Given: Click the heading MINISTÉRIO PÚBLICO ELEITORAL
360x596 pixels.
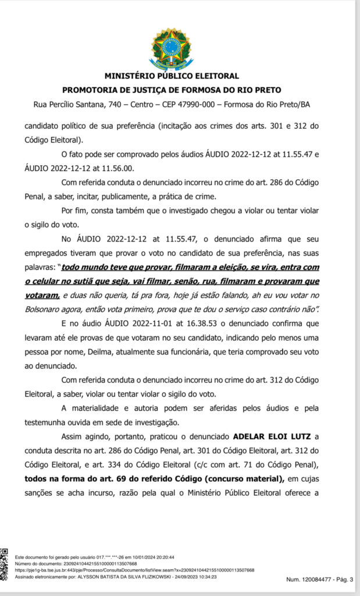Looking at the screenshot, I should pos(172,76).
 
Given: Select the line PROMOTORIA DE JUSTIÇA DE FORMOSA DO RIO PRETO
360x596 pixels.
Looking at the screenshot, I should pos(172,90).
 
